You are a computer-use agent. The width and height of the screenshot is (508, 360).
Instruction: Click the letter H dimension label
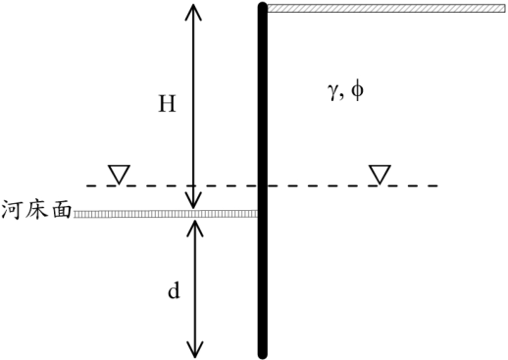167,104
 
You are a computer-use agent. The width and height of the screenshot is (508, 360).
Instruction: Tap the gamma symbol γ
333,92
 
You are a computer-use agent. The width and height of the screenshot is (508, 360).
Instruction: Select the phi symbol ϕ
357,91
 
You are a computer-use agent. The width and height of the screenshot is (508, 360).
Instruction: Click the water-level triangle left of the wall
119,174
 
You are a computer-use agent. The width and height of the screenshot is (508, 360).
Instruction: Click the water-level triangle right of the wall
380,175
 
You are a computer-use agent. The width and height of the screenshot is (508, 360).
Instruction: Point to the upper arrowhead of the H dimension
193,13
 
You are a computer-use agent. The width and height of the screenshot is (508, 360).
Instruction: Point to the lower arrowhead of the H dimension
193,200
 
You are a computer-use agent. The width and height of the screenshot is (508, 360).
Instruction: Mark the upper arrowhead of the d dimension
195,228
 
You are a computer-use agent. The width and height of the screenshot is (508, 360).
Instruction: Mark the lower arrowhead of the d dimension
195,349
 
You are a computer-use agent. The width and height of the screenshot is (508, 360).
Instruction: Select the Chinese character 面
61,210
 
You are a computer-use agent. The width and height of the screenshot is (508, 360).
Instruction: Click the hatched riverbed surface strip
166,214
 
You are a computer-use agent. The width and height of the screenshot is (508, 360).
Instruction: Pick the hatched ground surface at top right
386,8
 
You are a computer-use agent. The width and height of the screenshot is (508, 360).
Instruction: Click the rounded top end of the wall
263,7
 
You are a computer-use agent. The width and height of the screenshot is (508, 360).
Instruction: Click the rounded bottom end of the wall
263,354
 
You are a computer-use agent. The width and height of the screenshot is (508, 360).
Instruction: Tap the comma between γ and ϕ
342,98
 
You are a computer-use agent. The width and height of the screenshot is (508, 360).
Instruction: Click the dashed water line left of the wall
172,185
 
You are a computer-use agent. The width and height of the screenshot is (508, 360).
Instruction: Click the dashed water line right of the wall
352,185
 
